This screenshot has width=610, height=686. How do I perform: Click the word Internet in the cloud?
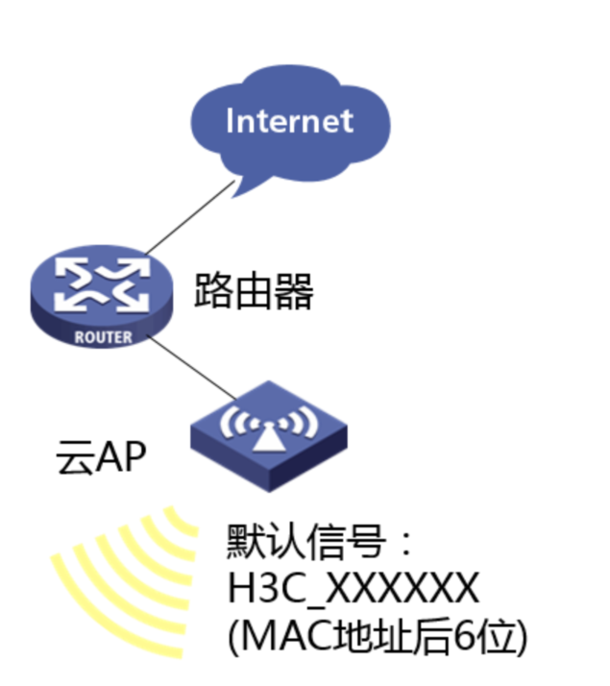[x=289, y=121]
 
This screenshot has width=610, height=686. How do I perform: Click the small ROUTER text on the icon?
[x=103, y=337]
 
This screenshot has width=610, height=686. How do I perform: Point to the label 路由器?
[x=254, y=290]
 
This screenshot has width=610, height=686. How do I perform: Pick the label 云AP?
[x=101, y=459]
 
